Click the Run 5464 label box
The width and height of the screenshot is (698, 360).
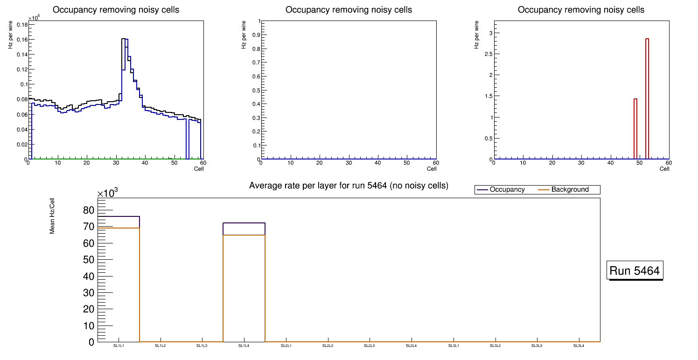coord(635,270)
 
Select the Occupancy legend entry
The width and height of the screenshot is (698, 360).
coord(507,190)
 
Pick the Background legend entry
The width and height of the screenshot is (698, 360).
coord(570,190)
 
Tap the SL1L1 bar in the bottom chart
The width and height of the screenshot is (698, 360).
coord(119,280)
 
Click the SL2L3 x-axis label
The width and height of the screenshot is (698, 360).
coord(370,346)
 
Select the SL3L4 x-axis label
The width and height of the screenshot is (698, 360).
coord(579,346)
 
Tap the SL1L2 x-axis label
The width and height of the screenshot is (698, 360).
coord(161,346)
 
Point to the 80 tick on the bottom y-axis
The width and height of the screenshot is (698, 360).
coord(88,210)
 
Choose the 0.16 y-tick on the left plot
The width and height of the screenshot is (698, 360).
coord(21,40)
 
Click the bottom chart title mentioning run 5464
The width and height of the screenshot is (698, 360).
coord(349,186)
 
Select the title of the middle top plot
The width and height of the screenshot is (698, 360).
coord(349,10)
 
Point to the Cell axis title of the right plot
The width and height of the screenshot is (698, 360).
coord(664,169)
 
